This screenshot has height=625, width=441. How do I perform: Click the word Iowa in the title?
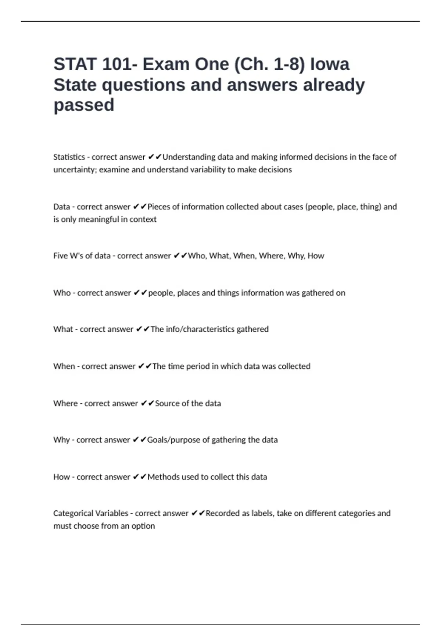coord(330,64)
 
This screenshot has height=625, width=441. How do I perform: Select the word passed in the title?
coord(84,105)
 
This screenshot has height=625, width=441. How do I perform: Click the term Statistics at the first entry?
coord(69,157)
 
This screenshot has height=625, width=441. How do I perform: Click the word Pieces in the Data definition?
coord(159,207)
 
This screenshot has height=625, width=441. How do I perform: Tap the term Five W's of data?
coord(82,256)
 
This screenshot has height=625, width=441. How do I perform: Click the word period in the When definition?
coord(198,367)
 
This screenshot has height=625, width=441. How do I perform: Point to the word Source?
coord(167,403)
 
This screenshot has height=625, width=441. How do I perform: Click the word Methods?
coord(163,477)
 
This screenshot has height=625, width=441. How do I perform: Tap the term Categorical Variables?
coord(90,513)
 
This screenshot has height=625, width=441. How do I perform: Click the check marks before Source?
coord(147,403)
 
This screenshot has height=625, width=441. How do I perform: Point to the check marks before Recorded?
coord(198,513)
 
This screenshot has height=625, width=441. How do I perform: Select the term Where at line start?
coord(65,403)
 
